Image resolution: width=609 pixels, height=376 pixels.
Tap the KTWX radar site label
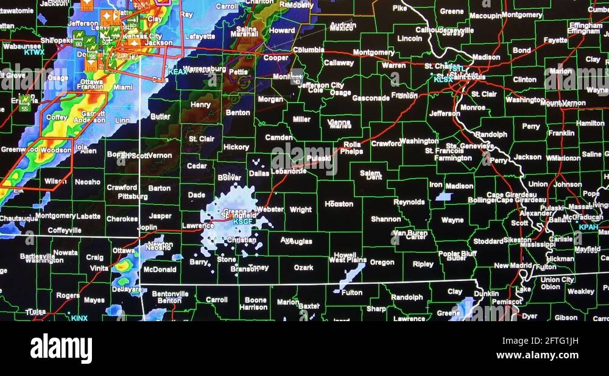(x=35, y=52)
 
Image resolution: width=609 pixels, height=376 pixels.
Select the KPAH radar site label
(x=588, y=227)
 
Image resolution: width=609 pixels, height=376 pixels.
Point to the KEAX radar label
(x=178, y=72)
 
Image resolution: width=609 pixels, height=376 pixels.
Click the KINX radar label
(x=79, y=317)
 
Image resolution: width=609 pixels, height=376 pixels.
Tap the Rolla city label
(x=352, y=144)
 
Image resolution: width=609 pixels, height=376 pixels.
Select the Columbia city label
(x=308, y=50)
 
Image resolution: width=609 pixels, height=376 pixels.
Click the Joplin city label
(x=147, y=227)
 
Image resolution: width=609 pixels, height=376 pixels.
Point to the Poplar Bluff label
(x=457, y=253)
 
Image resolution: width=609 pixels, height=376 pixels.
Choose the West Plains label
(x=348, y=260)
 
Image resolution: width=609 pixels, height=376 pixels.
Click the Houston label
(x=339, y=204)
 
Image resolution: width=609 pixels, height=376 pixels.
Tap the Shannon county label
(x=385, y=219)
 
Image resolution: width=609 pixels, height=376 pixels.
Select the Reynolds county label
(x=409, y=202)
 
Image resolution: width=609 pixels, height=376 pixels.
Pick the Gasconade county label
(x=370, y=98)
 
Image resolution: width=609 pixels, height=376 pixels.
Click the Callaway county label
(x=339, y=63)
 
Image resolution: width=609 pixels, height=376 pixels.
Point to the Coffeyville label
(x=65, y=230)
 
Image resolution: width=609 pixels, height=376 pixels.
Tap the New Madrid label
(x=510, y=266)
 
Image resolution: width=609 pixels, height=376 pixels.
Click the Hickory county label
(x=236, y=147)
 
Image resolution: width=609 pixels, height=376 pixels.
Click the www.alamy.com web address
(x=537, y=355)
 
